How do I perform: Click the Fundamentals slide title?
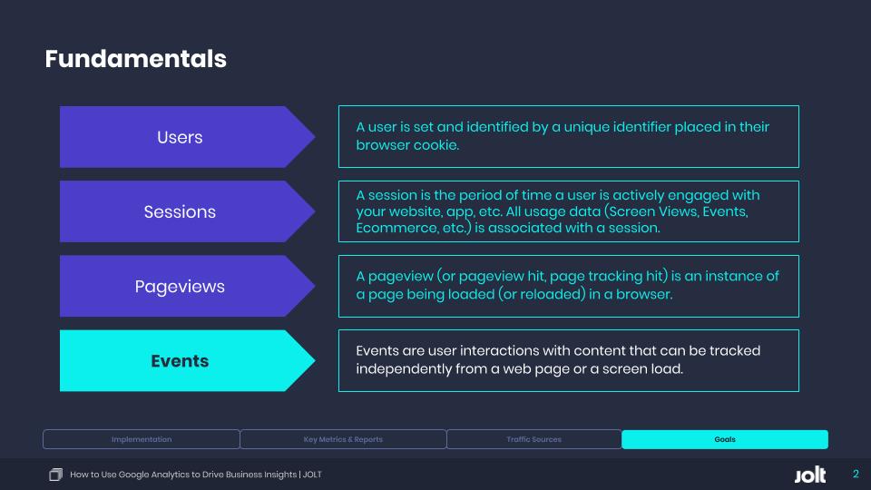[135, 59]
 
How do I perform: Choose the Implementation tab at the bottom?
[142, 439]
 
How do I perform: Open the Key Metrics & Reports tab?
[343, 439]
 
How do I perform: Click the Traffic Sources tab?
[533, 439]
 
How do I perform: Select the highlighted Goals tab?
[725, 439]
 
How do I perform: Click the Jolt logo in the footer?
[810, 475]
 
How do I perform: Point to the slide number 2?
[856, 474]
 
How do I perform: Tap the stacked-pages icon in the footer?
[55, 475]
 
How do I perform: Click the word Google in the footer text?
[133, 475]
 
